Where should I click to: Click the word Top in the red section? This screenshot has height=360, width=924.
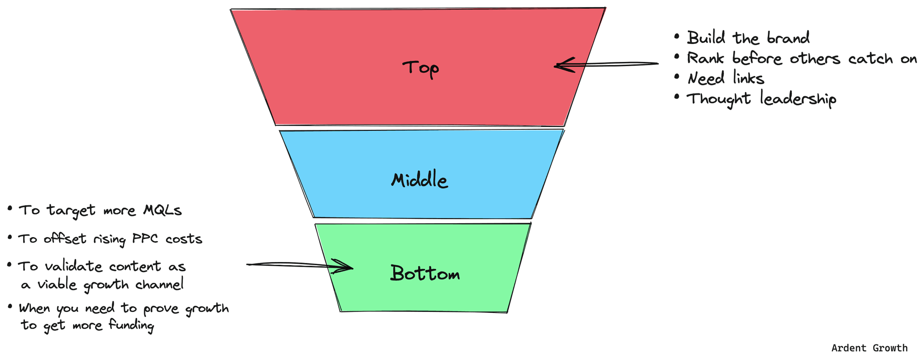coord(420,68)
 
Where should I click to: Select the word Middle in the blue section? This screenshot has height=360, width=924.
coord(419,180)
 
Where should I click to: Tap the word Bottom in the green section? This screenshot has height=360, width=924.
coord(425,273)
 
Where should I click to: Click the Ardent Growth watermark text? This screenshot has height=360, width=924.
coord(869,348)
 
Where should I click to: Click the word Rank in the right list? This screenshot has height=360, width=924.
coord(705,58)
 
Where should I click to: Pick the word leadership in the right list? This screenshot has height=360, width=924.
coord(798,99)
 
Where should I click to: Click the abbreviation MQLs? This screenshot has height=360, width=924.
coord(162,210)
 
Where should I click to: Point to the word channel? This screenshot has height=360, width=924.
coord(159,284)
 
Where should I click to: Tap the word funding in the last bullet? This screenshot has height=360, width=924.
coord(131,325)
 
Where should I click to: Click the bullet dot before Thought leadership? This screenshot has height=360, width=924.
coord(677,97)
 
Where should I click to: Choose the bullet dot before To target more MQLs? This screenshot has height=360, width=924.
coord(10,208)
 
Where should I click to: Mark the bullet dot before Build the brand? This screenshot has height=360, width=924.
coord(677,36)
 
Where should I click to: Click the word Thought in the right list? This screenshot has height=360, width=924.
coord(718,99)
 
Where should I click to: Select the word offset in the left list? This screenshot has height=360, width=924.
coord(65,239)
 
